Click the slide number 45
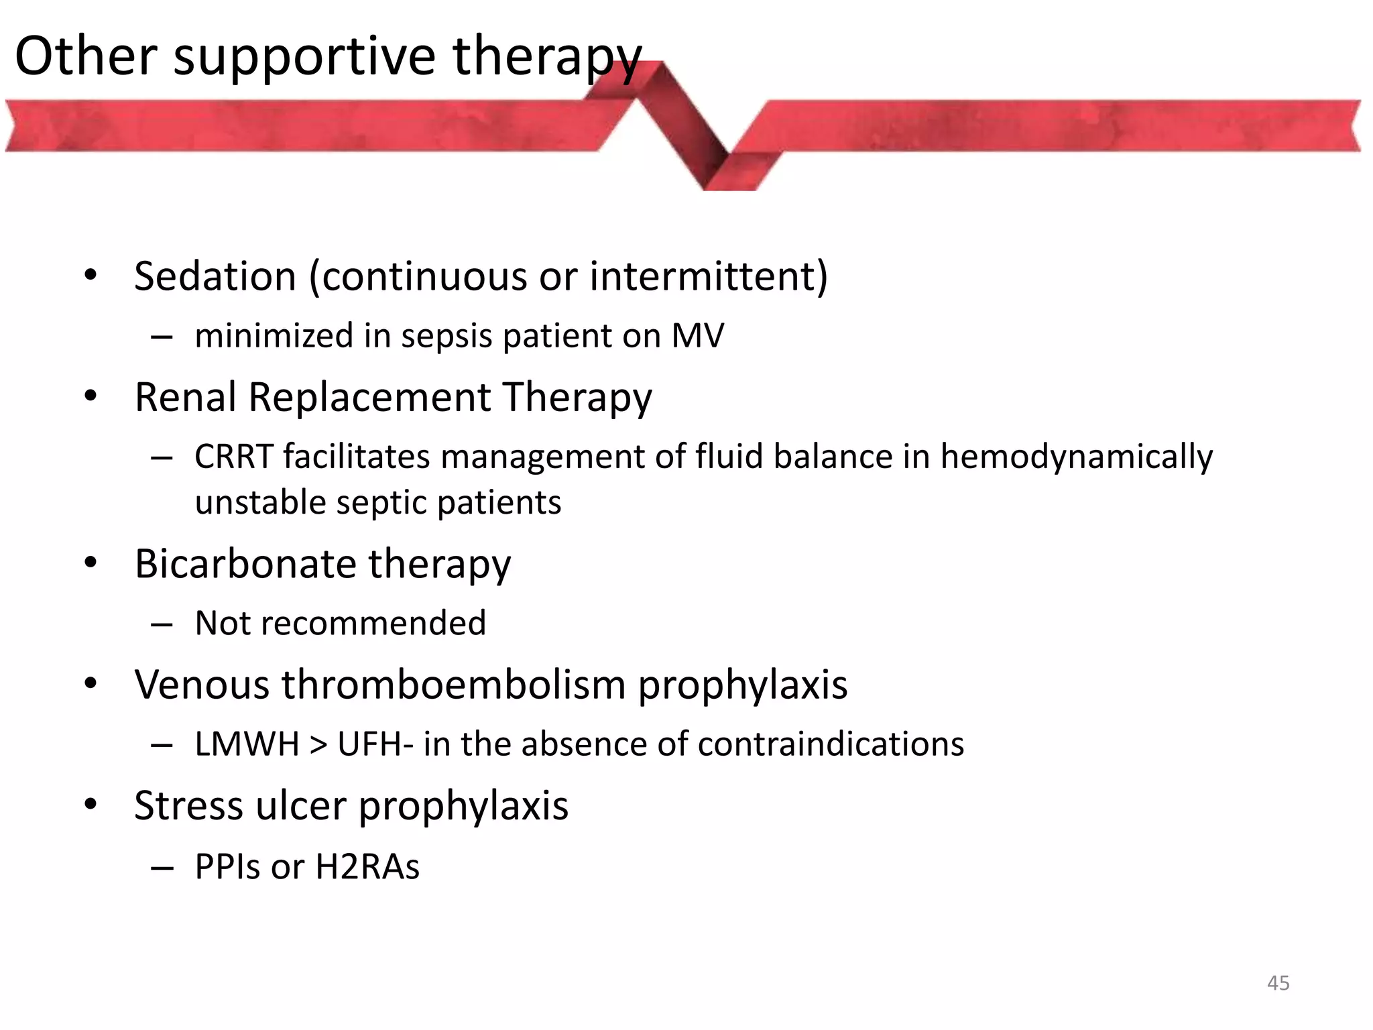click(1278, 983)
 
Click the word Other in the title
click(86, 56)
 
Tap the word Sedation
click(215, 276)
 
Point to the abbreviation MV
click(697, 335)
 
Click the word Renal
click(186, 397)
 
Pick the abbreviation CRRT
click(233, 457)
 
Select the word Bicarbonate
click(245, 563)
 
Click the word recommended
click(372, 623)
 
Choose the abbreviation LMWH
click(247, 744)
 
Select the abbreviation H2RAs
click(367, 866)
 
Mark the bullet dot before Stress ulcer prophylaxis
click(91, 804)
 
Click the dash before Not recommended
click(162, 624)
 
